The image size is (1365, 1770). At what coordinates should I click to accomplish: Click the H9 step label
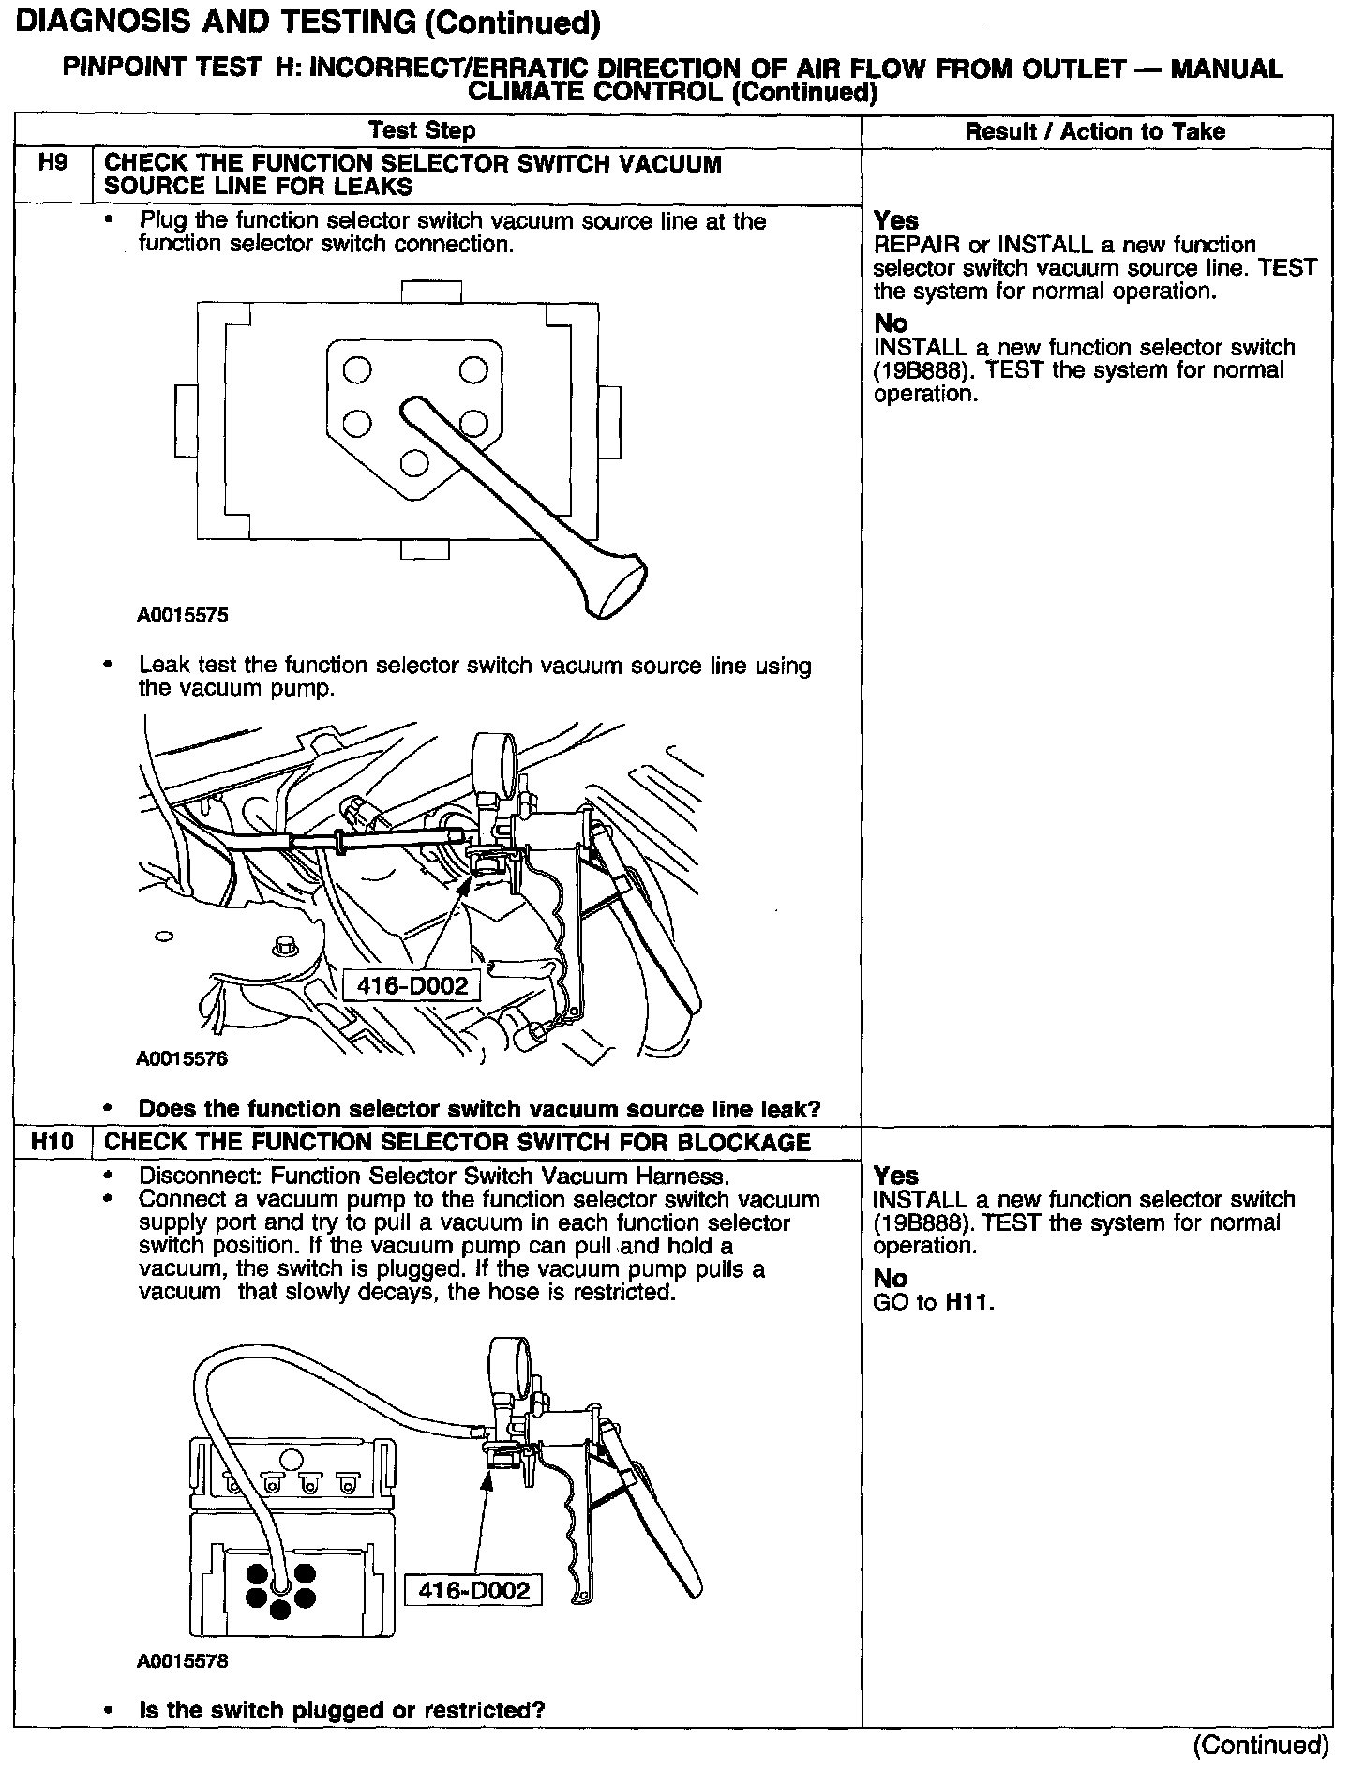pyautogui.click(x=52, y=163)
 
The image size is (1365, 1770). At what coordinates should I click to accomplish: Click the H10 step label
pyautogui.click(x=52, y=1142)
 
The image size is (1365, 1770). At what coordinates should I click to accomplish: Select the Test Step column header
pyautogui.click(x=422, y=130)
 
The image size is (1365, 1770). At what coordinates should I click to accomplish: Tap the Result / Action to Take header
pyautogui.click(x=1095, y=131)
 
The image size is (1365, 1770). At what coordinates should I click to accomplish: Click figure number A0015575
pyautogui.click(x=183, y=616)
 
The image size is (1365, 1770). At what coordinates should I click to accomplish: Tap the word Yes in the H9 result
pyautogui.click(x=895, y=220)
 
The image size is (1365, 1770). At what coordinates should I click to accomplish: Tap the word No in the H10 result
pyautogui.click(x=890, y=1279)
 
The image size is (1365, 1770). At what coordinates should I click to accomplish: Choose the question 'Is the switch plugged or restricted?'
pyautogui.click(x=341, y=1710)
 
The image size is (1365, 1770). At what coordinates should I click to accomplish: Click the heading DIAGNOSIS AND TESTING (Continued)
pyautogui.click(x=307, y=22)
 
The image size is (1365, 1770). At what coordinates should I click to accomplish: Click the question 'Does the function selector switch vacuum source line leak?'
pyautogui.click(x=479, y=1109)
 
